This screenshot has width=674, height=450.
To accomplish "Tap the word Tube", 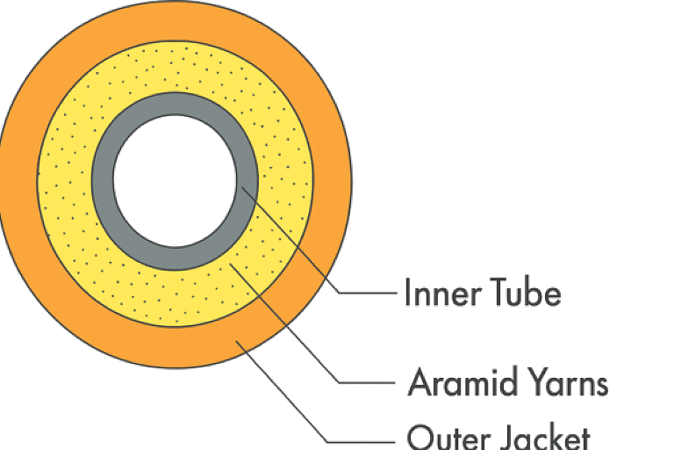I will (x=524, y=293).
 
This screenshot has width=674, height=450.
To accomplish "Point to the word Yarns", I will (x=567, y=383).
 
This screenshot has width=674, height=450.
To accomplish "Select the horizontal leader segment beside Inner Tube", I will (x=364, y=293).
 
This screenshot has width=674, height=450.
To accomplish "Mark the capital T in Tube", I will (x=498, y=293).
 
